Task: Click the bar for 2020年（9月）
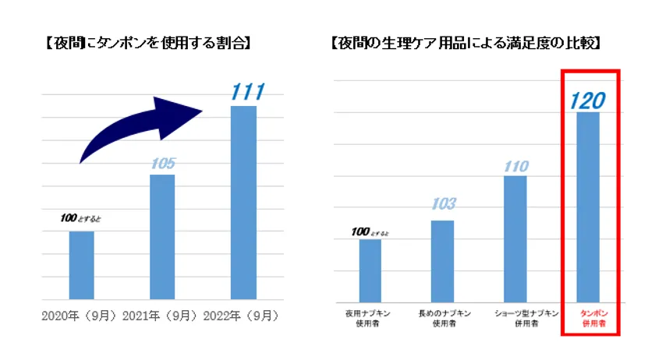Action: click(x=81, y=265)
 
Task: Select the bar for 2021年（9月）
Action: click(x=162, y=237)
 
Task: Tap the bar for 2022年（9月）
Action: click(x=243, y=203)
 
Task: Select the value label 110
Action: click(x=515, y=165)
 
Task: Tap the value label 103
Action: click(x=442, y=204)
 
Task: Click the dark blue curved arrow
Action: click(x=140, y=129)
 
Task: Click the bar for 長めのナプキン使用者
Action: click(x=442, y=261)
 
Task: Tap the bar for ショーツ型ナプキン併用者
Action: click(x=515, y=238)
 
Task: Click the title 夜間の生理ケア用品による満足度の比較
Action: click(x=466, y=42)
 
